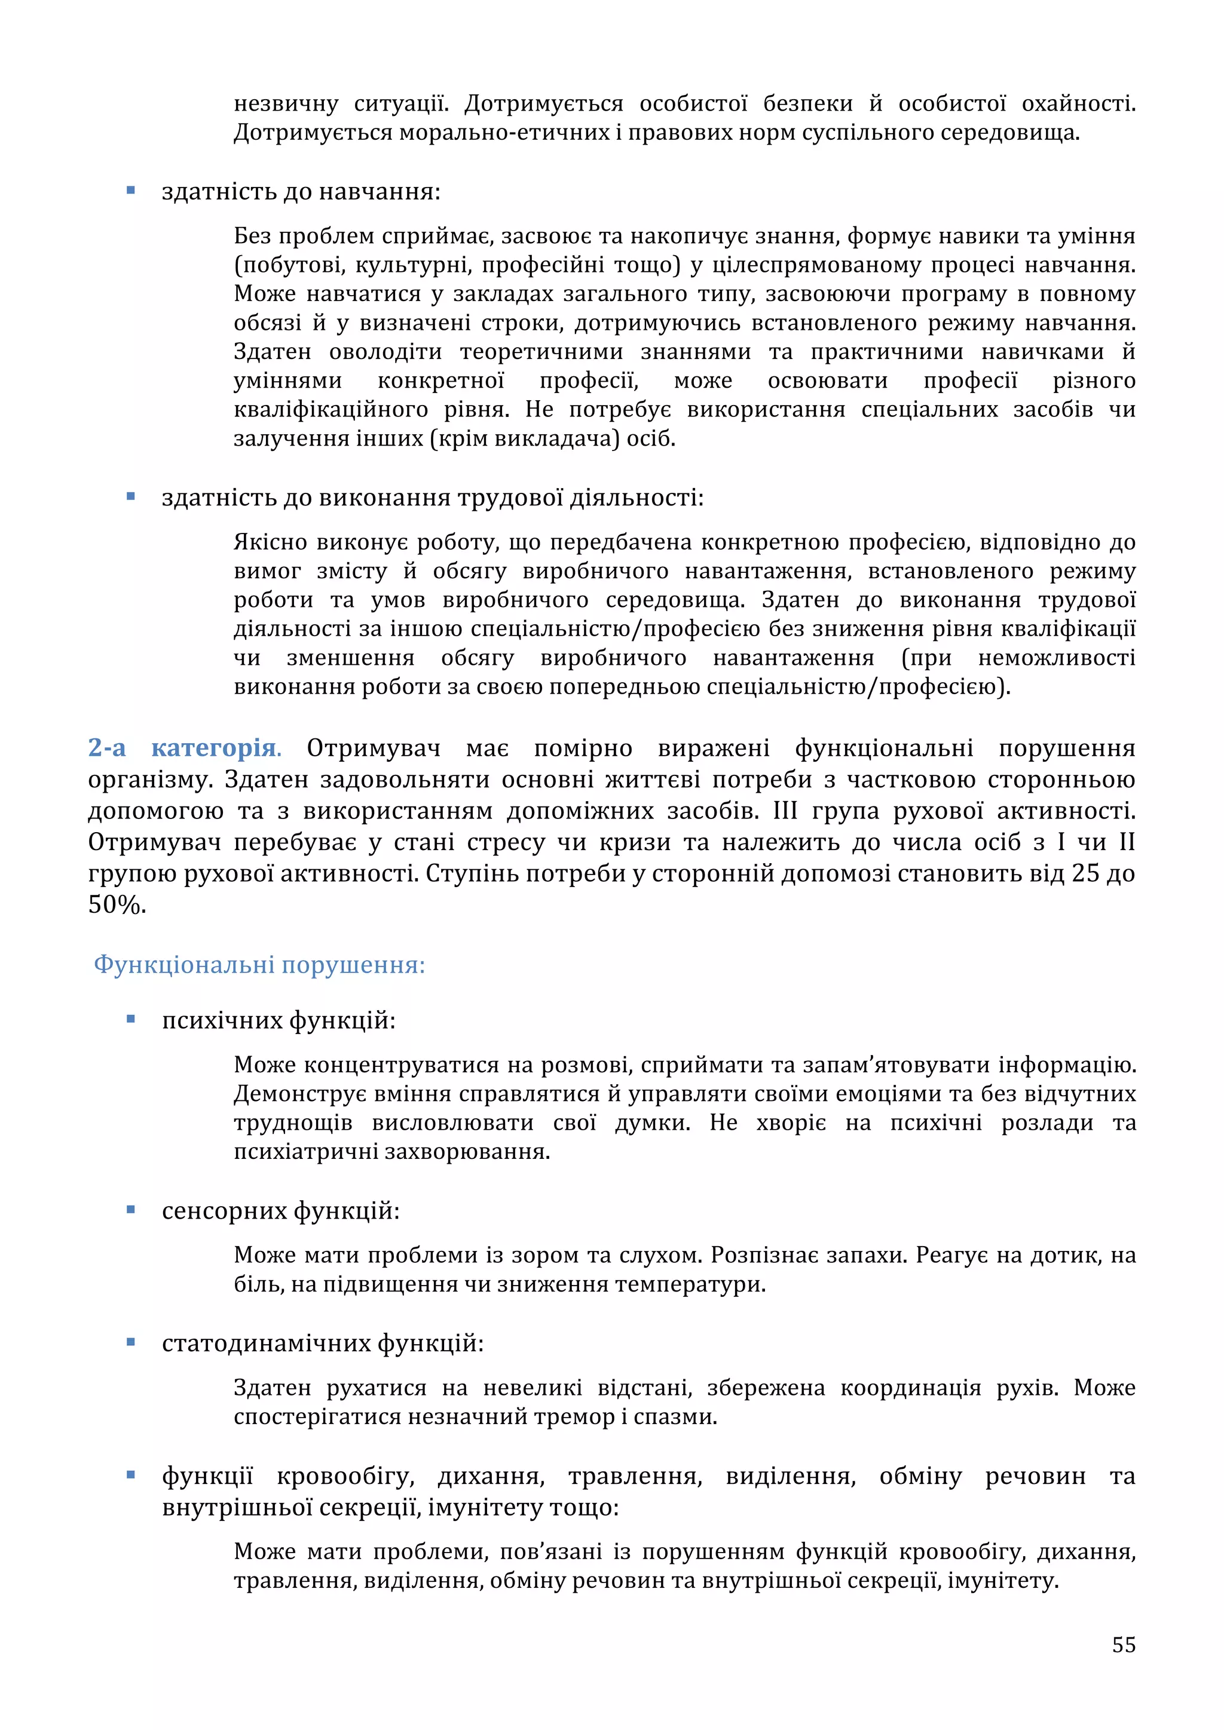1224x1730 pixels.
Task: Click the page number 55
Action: coord(1123,1644)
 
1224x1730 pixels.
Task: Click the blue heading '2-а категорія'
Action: coord(183,748)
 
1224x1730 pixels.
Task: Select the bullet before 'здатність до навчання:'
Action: coord(131,191)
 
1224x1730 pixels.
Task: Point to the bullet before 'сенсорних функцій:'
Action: coord(131,1209)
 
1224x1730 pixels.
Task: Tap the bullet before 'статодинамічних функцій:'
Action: coord(131,1342)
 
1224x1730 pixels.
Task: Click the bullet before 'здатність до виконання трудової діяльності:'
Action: coord(131,496)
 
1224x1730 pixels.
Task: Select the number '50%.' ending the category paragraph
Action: coord(117,905)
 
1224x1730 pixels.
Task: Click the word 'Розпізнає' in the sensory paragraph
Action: coord(767,1254)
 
